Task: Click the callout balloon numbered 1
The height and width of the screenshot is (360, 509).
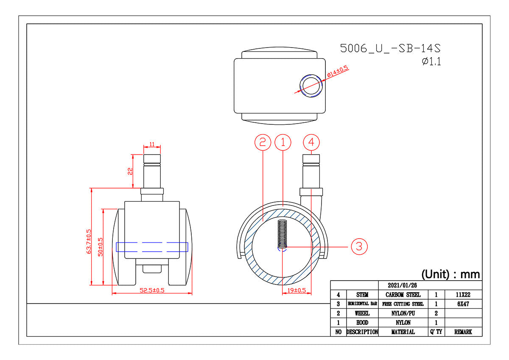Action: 282,142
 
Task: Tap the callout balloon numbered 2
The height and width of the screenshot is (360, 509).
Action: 263,142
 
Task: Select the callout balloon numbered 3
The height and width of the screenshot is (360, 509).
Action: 359,246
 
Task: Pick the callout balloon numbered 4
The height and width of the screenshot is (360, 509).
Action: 311,142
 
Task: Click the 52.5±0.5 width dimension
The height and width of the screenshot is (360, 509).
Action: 152,290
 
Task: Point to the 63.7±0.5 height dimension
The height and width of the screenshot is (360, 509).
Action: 89,241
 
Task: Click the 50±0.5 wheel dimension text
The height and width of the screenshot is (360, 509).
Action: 100,247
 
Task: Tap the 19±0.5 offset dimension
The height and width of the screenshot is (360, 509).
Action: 296,290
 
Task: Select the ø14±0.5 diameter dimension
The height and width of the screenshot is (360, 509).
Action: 338,71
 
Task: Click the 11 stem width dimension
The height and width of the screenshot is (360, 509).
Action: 152,144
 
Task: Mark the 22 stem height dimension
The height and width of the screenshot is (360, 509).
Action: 130,171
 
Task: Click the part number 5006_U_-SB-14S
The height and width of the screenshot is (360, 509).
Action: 390,48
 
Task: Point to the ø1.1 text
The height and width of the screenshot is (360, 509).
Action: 431,62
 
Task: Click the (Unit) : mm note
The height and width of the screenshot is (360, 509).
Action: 450,274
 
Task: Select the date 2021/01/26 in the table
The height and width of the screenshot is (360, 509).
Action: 402,285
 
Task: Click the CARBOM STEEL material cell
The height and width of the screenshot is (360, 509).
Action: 403,295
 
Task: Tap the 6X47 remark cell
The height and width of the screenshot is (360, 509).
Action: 463,304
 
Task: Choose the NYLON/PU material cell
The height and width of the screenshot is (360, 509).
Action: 403,313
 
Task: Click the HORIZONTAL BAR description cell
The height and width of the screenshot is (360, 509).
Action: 362,304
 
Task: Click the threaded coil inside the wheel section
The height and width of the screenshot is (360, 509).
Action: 282,234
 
